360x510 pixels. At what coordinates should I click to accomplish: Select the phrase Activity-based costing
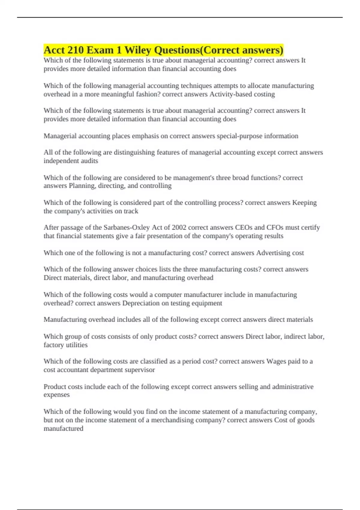[x=242, y=94]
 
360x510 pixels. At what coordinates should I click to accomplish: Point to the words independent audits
[x=71, y=161]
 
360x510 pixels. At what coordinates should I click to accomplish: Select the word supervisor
[x=140, y=370]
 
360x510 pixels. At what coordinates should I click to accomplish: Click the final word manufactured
[x=63, y=428]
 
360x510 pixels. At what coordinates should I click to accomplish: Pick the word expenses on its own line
[x=56, y=395]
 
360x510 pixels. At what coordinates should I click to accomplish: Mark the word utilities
[x=76, y=345]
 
